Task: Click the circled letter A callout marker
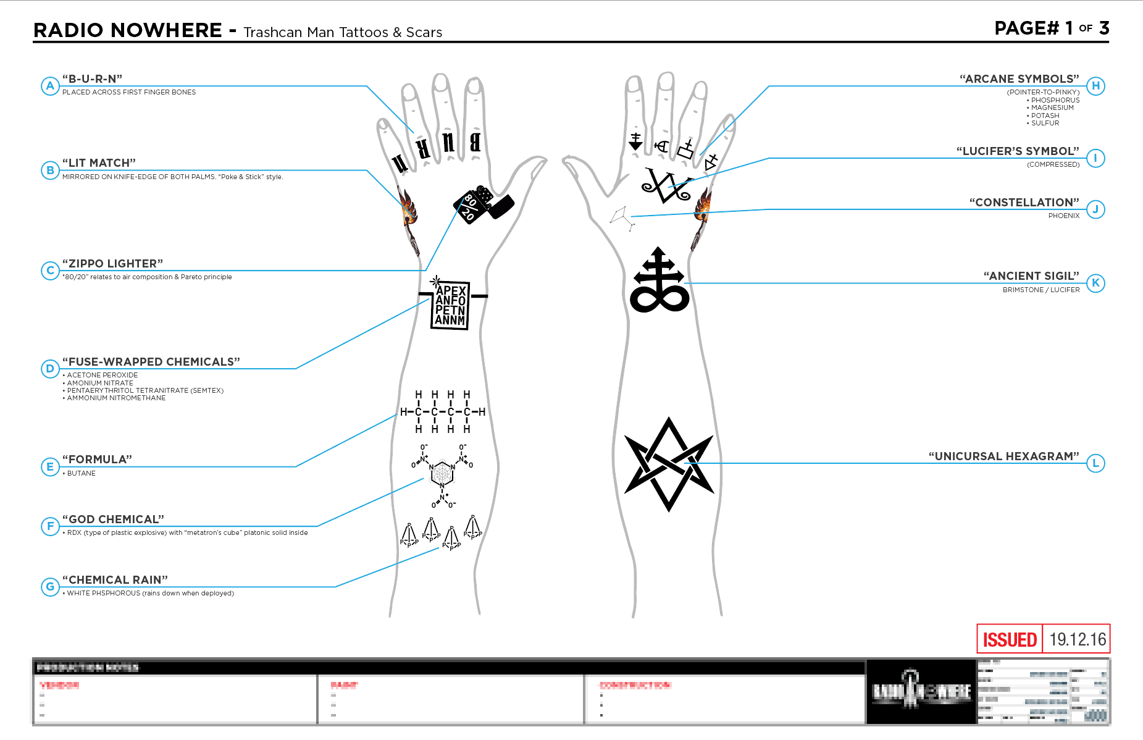[50, 86]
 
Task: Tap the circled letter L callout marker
[1095, 463]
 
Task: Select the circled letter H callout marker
[1095, 86]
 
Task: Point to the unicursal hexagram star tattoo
[669, 465]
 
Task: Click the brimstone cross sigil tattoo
[659, 281]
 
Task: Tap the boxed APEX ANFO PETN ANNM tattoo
[450, 305]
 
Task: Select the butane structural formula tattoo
[442, 411]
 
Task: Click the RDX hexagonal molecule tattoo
[442, 474]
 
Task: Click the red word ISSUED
[1010, 639]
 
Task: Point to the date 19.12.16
[1078, 639]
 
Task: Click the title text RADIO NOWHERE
[128, 30]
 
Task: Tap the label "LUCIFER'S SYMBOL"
[1018, 151]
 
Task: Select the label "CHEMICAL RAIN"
[115, 579]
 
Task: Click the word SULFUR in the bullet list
[1045, 123]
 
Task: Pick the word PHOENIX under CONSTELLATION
[1063, 216]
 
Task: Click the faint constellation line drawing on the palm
[622, 217]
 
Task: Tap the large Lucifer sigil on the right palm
[666, 186]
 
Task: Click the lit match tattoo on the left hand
[408, 216]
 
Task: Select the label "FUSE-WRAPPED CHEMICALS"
[151, 361]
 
